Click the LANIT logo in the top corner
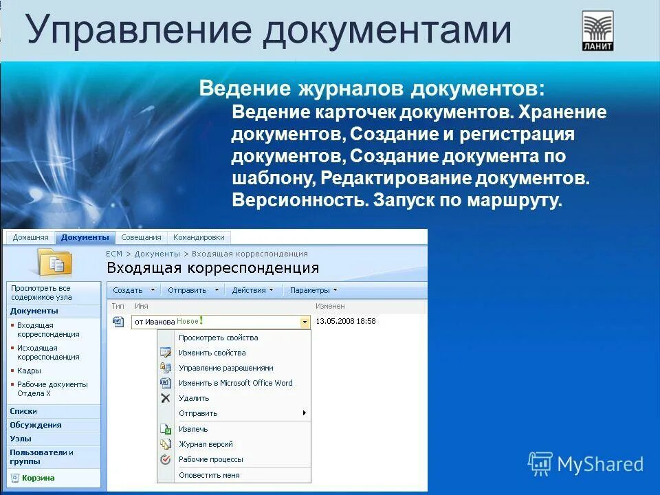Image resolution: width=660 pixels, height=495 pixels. [597, 31]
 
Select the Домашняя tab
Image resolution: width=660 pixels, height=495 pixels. [30, 237]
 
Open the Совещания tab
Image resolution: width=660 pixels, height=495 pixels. [141, 237]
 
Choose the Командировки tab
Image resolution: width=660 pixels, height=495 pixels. [199, 237]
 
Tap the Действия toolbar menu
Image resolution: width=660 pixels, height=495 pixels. [252, 290]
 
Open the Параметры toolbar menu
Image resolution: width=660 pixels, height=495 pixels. [313, 290]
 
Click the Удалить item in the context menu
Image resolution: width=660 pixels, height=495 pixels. [193, 398]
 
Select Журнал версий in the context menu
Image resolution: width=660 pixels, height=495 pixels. [206, 444]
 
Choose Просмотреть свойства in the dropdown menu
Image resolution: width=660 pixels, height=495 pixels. [218, 338]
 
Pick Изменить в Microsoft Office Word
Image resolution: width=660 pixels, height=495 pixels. [235, 383]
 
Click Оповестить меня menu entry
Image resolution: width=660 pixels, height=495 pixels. [209, 475]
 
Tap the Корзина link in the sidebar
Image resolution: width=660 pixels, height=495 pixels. [37, 478]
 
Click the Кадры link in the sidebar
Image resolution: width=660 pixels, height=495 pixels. [29, 371]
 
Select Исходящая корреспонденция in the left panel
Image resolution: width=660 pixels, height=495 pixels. [47, 353]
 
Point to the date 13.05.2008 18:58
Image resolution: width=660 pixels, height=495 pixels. [345, 321]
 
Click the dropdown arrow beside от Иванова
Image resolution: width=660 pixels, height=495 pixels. [305, 322]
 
